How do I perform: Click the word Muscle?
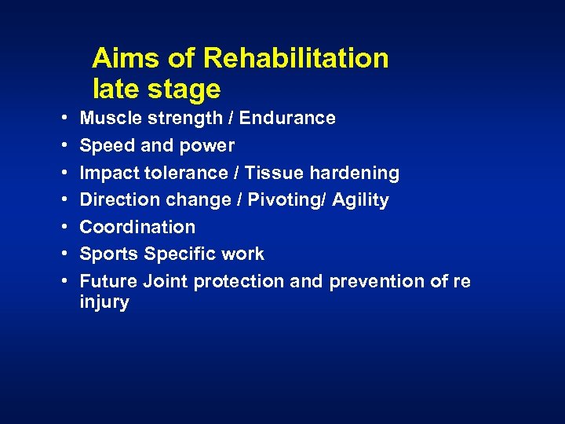pos(108,119)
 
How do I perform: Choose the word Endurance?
pos(287,119)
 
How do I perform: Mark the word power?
pos(209,147)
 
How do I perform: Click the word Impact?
pos(108,174)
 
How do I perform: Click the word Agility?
pos(360,201)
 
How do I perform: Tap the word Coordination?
pos(137,227)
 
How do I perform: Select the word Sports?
pos(106,254)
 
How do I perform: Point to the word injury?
pos(104,302)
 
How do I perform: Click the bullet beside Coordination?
pos(62,228)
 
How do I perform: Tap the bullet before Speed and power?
pos(62,146)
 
